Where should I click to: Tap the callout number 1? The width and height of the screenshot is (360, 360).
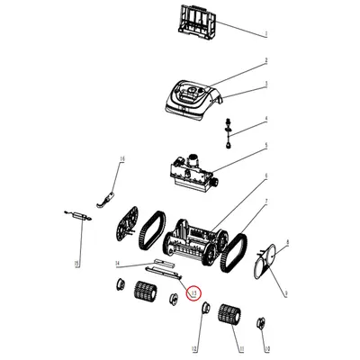coord(265,34)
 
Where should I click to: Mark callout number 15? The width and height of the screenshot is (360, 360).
coord(77,263)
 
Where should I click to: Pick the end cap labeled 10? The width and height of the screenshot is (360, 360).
coord(262,323)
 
